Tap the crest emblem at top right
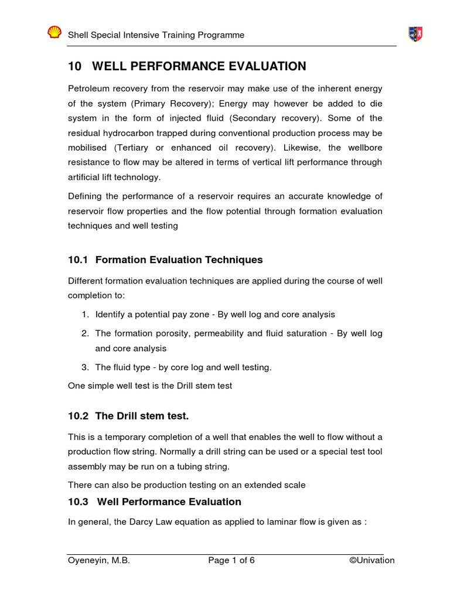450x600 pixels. coord(415,34)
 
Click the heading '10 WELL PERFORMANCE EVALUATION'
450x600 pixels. coord(187,66)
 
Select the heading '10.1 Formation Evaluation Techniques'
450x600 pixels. coord(165,260)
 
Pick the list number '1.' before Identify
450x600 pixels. coord(86,315)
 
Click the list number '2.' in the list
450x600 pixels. coord(86,333)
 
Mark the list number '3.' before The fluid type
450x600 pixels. coord(86,367)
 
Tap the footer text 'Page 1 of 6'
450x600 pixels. coord(231,560)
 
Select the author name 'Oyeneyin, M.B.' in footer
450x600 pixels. coord(98,560)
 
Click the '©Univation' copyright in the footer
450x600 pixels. coord(371,560)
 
